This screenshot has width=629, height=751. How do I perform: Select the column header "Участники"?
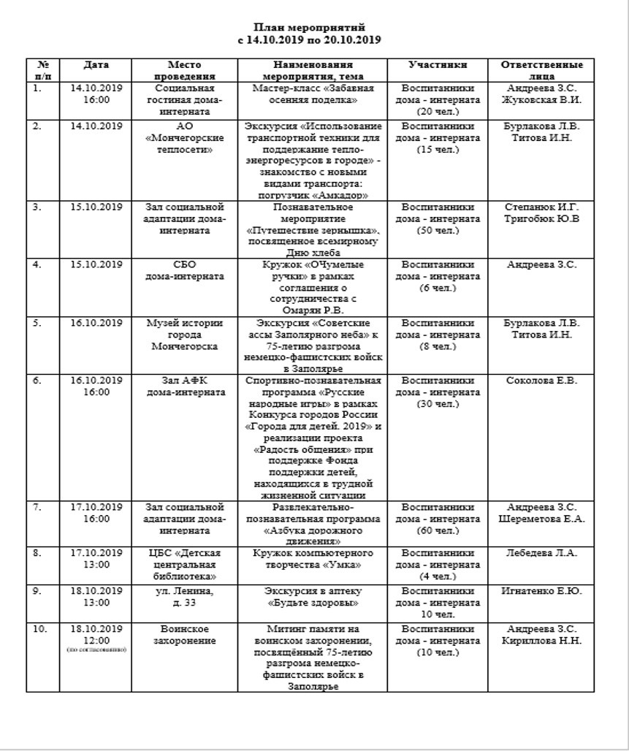point(438,65)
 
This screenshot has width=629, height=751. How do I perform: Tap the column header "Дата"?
point(96,65)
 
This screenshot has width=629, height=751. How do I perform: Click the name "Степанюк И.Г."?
point(542,207)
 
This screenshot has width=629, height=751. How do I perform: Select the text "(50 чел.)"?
point(438,230)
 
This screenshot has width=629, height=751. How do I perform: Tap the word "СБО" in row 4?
point(179,264)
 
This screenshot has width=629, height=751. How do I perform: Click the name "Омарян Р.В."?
point(313,310)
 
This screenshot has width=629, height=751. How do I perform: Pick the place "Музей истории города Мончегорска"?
point(179,335)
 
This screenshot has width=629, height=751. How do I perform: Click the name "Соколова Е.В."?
point(542,381)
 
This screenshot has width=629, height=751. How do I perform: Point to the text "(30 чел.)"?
point(438,404)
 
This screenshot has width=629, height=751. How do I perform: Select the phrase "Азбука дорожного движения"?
point(313,535)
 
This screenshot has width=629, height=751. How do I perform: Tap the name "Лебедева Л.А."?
point(542,552)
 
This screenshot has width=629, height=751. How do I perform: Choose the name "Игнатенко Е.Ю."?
point(542,590)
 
